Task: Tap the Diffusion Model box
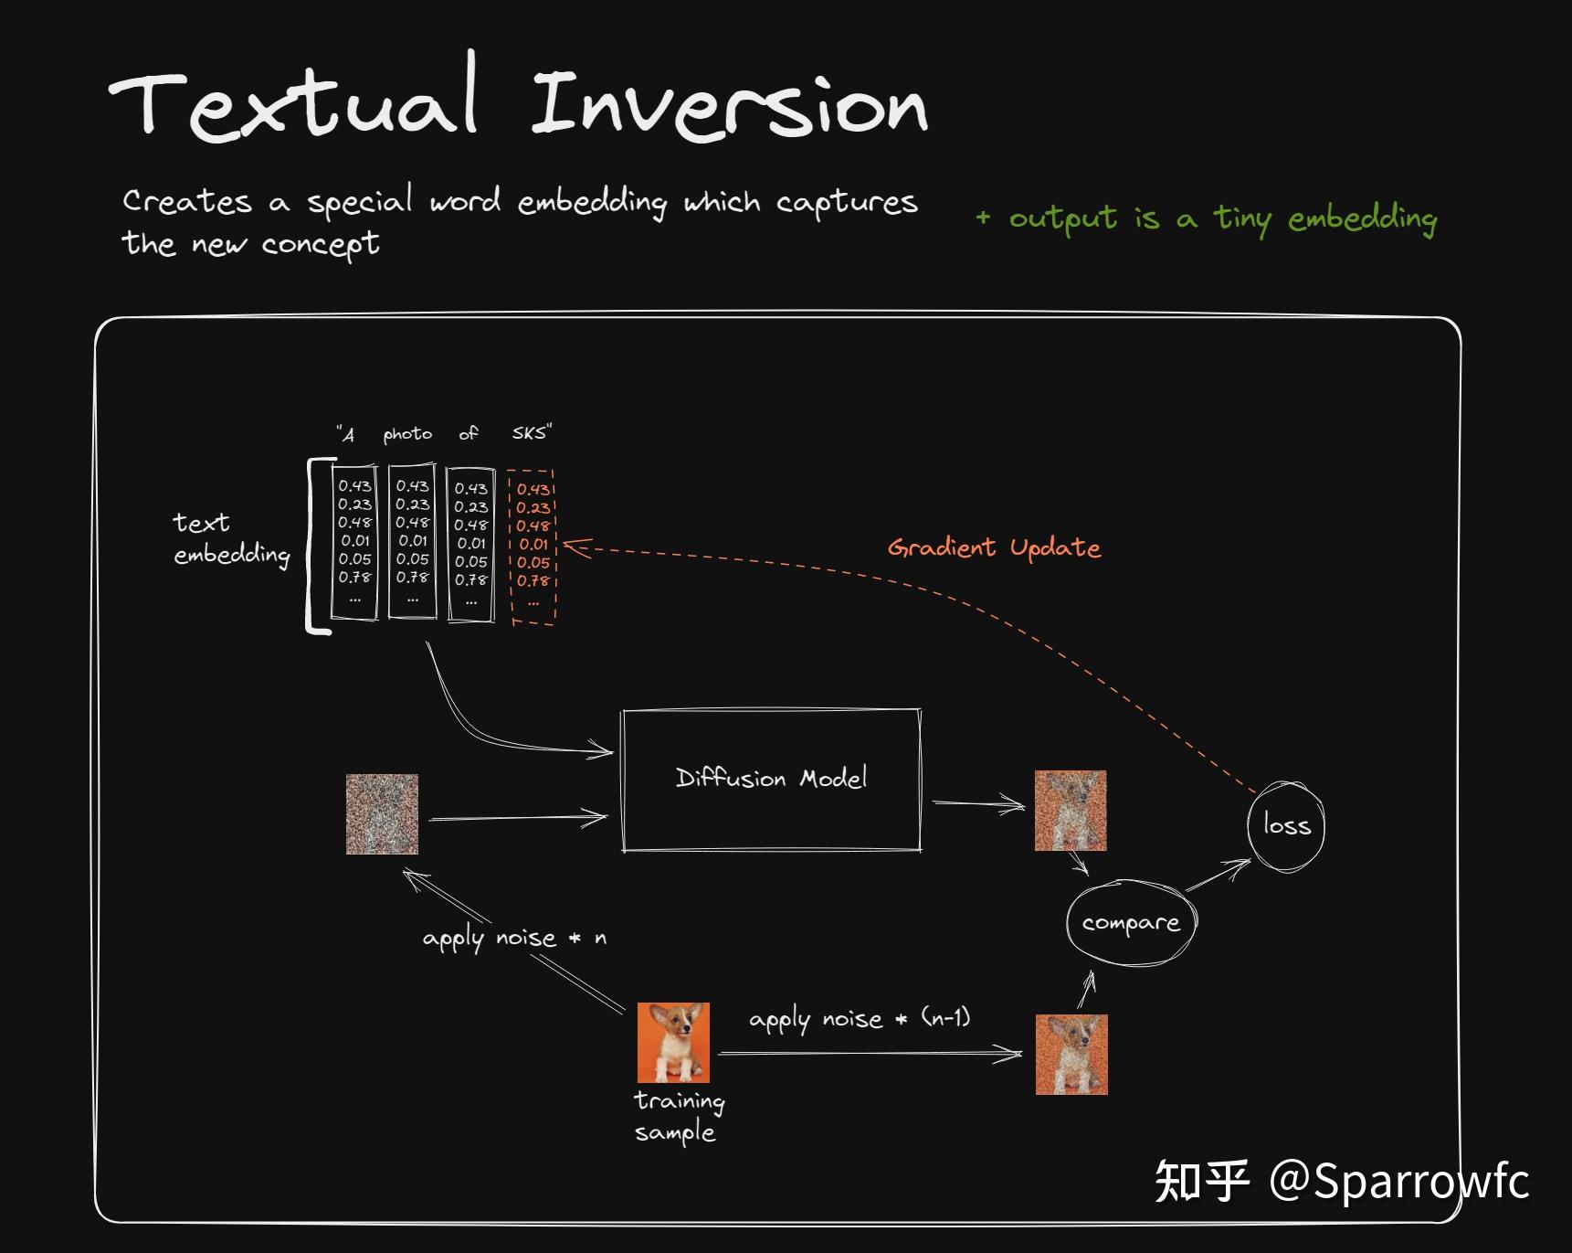pos(771,780)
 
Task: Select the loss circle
pos(1286,825)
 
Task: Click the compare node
pos(1131,923)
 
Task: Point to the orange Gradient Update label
pos(994,547)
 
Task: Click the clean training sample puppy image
pos(673,1042)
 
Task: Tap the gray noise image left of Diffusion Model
pos(382,814)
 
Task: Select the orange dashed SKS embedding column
pos(533,547)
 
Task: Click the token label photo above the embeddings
pos(407,433)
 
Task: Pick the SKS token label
pos(531,432)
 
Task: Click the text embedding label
pos(231,538)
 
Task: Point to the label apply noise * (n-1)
pos(860,1018)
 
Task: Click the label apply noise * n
pos(514,939)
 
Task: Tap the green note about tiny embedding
pos(1207,218)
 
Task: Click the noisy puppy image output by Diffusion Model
pos(1071,811)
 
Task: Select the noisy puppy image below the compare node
pos(1071,1054)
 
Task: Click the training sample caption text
pos(679,1116)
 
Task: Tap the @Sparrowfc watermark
pos(1398,1180)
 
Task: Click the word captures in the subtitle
pos(847,202)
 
